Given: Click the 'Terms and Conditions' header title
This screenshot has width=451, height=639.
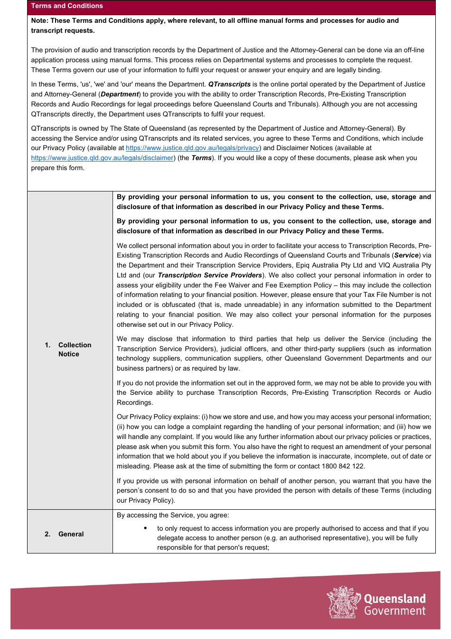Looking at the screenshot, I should tap(67, 6).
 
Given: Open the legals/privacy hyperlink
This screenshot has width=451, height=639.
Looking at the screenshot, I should tap(192, 148).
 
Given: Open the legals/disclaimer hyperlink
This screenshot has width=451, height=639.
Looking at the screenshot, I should tap(102, 158).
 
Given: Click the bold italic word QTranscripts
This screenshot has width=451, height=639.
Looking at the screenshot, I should tap(229, 85).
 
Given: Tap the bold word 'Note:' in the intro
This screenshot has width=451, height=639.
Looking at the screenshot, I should tap(40, 21).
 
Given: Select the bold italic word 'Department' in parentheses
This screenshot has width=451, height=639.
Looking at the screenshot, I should tap(120, 95).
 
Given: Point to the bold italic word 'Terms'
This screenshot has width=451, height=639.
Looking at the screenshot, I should tap(201, 158).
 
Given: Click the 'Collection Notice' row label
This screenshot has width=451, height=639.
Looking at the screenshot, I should tap(75, 350).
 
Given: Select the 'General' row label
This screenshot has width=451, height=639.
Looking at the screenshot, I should tap(71, 534).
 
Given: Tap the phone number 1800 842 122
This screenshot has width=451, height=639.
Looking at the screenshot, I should tap(343, 467).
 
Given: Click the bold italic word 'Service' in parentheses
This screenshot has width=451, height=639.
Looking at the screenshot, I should tap(406, 256).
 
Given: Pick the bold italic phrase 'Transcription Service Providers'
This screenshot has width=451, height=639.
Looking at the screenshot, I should tap(210, 276).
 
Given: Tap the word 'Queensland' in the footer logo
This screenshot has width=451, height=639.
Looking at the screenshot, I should tap(395, 599).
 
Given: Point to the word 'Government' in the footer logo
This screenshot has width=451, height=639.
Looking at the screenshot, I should tap(395, 611).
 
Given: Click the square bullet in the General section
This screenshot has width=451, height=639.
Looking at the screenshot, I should tap(145, 528).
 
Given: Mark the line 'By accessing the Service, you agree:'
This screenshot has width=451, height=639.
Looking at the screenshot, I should tap(173, 515).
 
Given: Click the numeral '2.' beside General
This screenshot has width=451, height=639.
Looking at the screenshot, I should tap(47, 534).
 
